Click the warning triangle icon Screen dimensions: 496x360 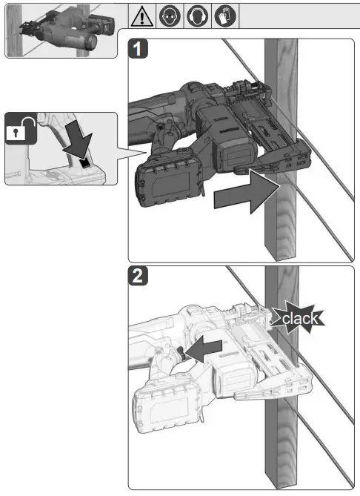144,15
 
